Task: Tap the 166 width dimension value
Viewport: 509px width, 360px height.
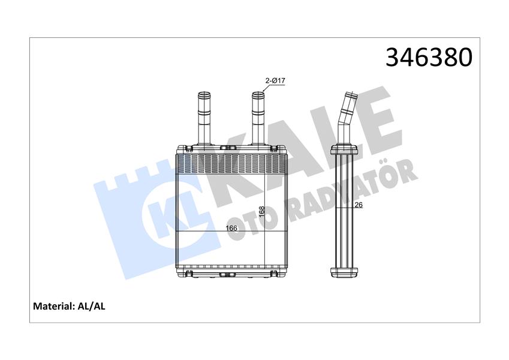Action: pos(231,228)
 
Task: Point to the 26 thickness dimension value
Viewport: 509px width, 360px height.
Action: pos(359,206)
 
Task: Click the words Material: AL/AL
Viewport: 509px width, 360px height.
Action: pos(69,306)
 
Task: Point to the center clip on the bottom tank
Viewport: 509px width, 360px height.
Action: pos(228,274)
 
